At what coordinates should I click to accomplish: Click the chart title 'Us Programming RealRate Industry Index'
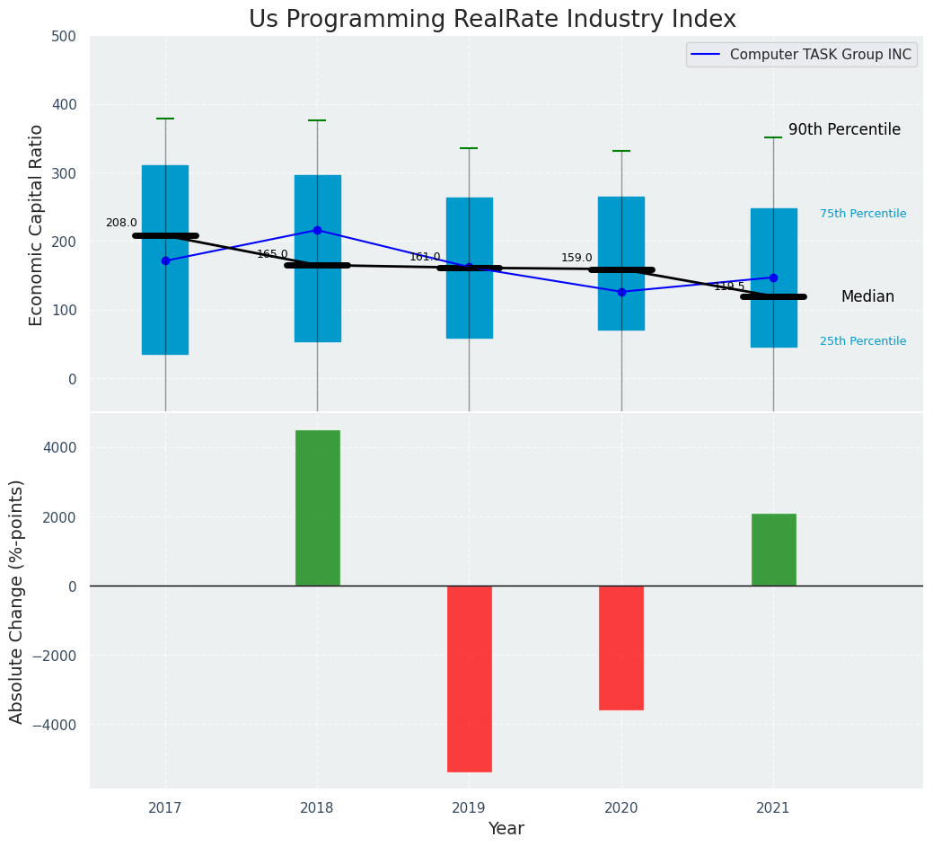click(492, 20)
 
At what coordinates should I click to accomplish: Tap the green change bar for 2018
click(317, 508)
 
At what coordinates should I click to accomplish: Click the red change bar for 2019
click(469, 678)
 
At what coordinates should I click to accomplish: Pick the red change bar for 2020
click(621, 648)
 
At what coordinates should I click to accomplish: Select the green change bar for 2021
click(773, 550)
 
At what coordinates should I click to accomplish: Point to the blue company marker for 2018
click(317, 230)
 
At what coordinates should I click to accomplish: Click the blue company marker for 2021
click(773, 278)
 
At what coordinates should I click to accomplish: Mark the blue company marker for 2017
click(165, 260)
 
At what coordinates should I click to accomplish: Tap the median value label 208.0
click(121, 223)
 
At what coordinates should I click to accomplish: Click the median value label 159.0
click(577, 258)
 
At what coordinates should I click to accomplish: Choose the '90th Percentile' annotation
click(844, 129)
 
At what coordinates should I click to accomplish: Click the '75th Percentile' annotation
click(863, 214)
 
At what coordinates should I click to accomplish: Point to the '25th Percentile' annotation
click(863, 341)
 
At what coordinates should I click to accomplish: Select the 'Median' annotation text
click(867, 296)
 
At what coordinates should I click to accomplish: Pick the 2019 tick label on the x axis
click(469, 807)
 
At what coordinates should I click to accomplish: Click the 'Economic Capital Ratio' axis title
click(37, 225)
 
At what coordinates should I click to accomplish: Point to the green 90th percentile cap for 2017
click(165, 119)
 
